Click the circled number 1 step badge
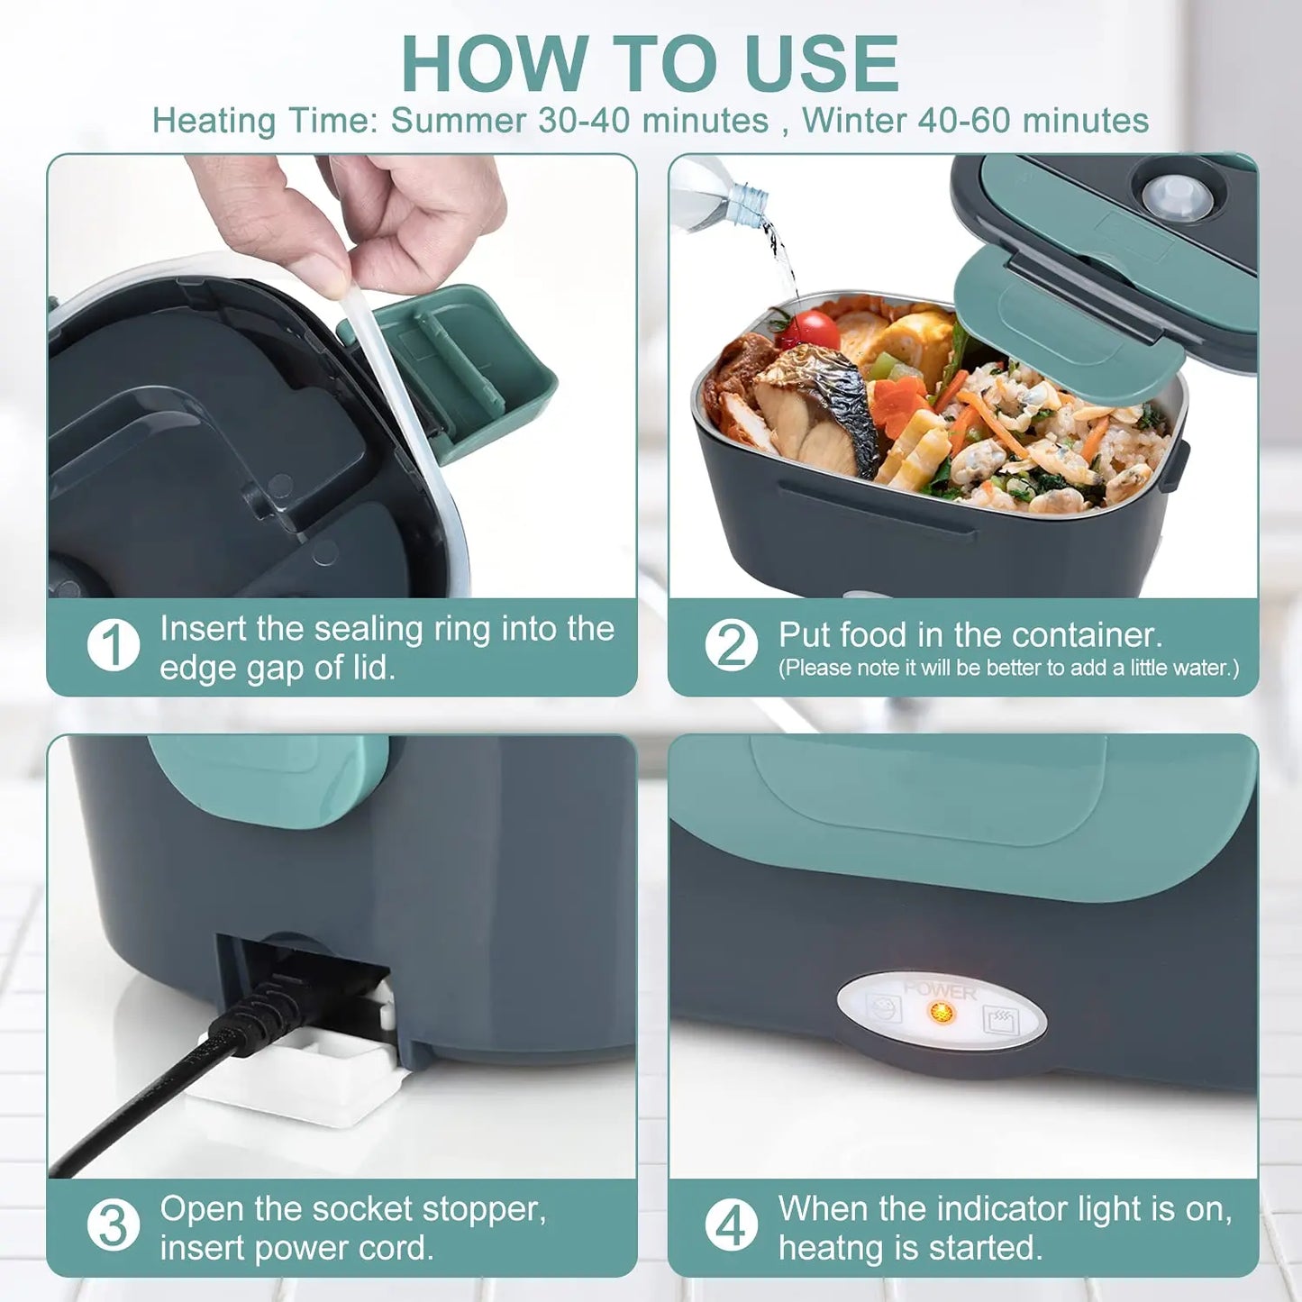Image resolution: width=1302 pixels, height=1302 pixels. [x=114, y=645]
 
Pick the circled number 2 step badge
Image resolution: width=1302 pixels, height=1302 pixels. [x=731, y=645]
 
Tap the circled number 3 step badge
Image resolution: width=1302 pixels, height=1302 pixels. [x=114, y=1225]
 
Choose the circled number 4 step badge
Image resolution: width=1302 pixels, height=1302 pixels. [x=731, y=1225]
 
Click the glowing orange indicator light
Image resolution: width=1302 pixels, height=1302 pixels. [x=942, y=1013]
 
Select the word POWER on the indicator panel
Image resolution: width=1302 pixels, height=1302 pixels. [x=939, y=990]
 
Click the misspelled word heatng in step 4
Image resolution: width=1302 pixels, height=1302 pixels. [x=826, y=1248]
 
